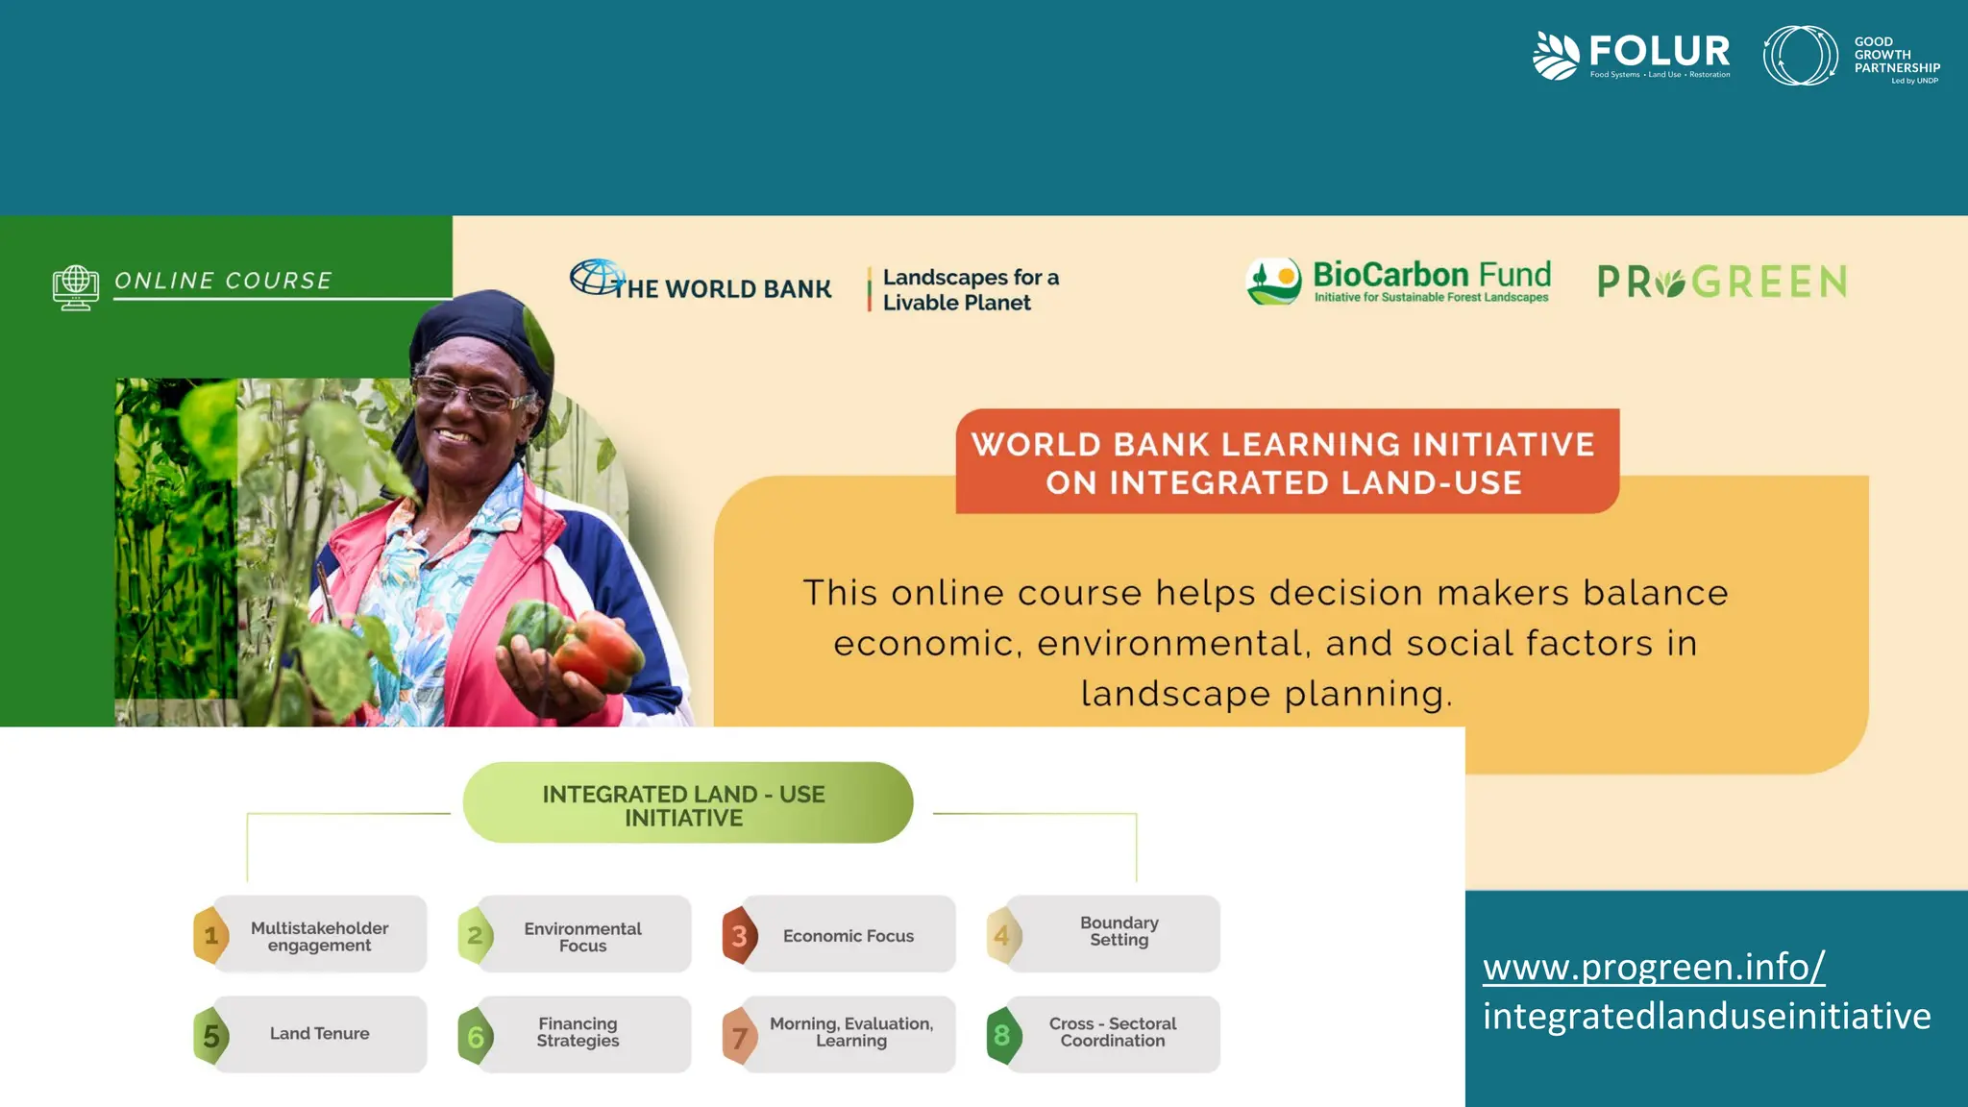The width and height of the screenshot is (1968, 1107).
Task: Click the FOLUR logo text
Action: click(x=1659, y=50)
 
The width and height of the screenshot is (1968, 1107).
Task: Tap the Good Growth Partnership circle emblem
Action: click(x=1799, y=56)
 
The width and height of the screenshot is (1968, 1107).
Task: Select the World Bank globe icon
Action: click(x=597, y=278)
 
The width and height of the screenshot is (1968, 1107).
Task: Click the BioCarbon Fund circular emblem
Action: click(x=1273, y=281)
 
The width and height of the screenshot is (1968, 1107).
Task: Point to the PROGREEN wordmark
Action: click(x=1721, y=283)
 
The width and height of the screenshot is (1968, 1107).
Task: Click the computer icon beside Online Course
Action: click(x=76, y=287)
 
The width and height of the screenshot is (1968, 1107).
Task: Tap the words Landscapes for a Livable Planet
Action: click(x=970, y=289)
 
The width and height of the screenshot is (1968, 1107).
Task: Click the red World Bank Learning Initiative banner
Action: click(x=1286, y=462)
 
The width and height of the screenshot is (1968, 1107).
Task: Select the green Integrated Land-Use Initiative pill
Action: click(x=686, y=804)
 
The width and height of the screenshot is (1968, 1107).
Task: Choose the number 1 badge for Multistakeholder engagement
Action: click(x=211, y=935)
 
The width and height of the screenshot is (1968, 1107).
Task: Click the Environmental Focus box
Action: click(x=583, y=936)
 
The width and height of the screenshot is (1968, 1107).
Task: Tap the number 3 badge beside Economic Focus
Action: click(x=739, y=935)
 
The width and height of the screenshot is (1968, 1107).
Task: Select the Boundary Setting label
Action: click(x=1119, y=930)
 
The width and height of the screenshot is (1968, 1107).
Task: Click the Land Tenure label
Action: click(x=319, y=1034)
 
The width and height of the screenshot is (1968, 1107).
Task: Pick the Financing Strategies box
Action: click(x=578, y=1033)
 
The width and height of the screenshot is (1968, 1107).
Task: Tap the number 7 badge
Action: click(x=739, y=1037)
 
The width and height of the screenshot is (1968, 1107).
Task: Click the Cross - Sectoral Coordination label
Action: click(x=1113, y=1032)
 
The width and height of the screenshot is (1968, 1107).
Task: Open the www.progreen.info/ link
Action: click(x=1653, y=967)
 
